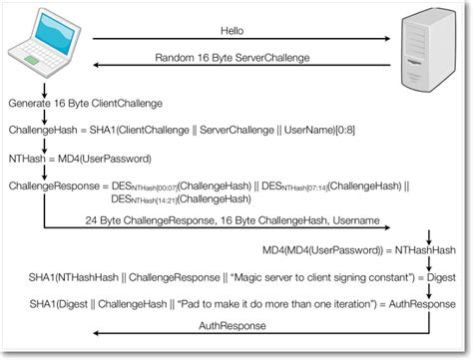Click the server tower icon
(x=426, y=47)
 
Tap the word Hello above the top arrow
(x=233, y=30)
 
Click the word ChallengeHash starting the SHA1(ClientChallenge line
(x=43, y=131)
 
